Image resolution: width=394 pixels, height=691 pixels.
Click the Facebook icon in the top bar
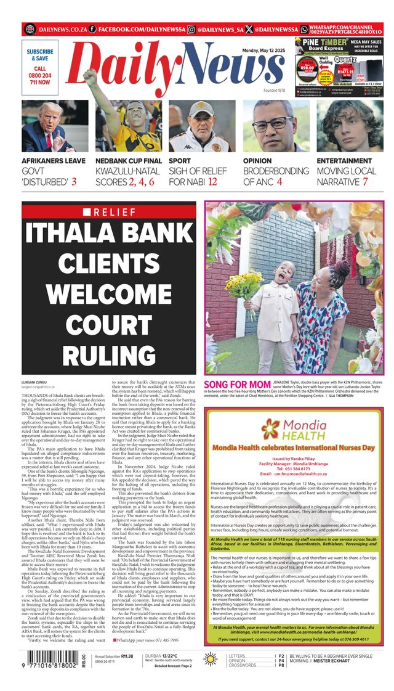tap(92, 29)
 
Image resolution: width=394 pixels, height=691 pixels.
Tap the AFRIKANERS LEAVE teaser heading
tap(54, 161)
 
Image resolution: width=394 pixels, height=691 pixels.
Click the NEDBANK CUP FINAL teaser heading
tap(129, 161)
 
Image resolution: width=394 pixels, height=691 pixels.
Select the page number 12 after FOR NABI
tap(212, 182)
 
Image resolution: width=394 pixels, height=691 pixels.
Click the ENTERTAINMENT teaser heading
tap(344, 161)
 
